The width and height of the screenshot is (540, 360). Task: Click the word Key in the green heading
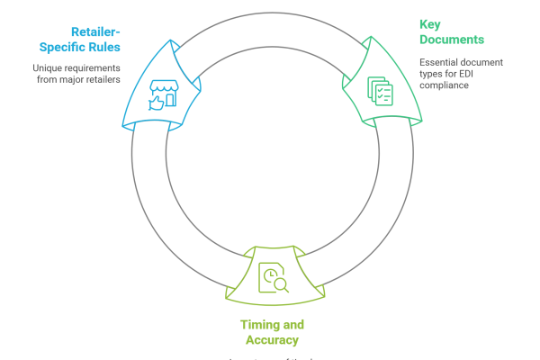426,25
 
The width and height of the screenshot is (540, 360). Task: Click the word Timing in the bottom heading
257,325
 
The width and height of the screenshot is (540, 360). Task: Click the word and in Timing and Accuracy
292,325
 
